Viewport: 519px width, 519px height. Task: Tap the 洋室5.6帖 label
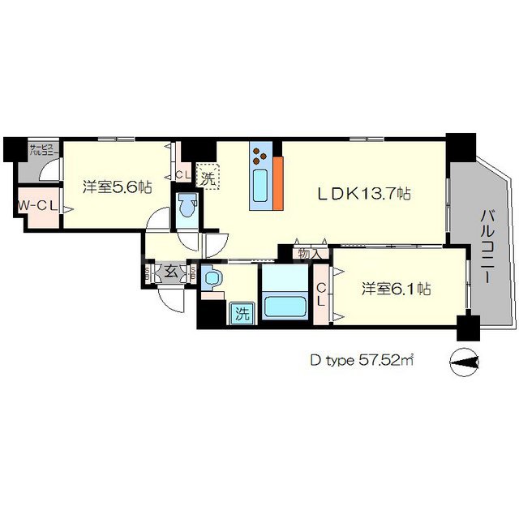(117, 187)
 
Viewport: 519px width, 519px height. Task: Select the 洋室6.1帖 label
(396, 289)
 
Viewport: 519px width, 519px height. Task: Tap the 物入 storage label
(310, 254)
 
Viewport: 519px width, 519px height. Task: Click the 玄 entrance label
(172, 272)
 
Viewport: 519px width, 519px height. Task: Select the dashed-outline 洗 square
(208, 178)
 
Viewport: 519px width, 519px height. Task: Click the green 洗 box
(241, 313)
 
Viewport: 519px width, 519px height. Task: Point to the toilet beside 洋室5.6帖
(187, 208)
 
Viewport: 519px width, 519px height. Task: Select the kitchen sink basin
(261, 187)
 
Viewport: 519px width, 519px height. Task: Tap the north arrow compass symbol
(465, 360)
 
